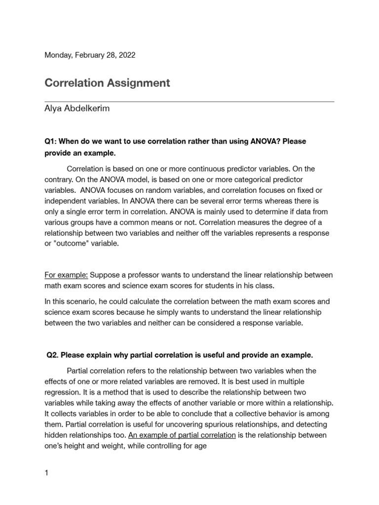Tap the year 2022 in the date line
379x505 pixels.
point(126,55)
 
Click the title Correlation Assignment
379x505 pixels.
point(107,83)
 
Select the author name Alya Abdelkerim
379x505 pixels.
point(77,109)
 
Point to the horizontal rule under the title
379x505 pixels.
point(189,102)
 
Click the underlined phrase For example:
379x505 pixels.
point(66,275)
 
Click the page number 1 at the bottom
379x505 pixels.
point(47,473)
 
